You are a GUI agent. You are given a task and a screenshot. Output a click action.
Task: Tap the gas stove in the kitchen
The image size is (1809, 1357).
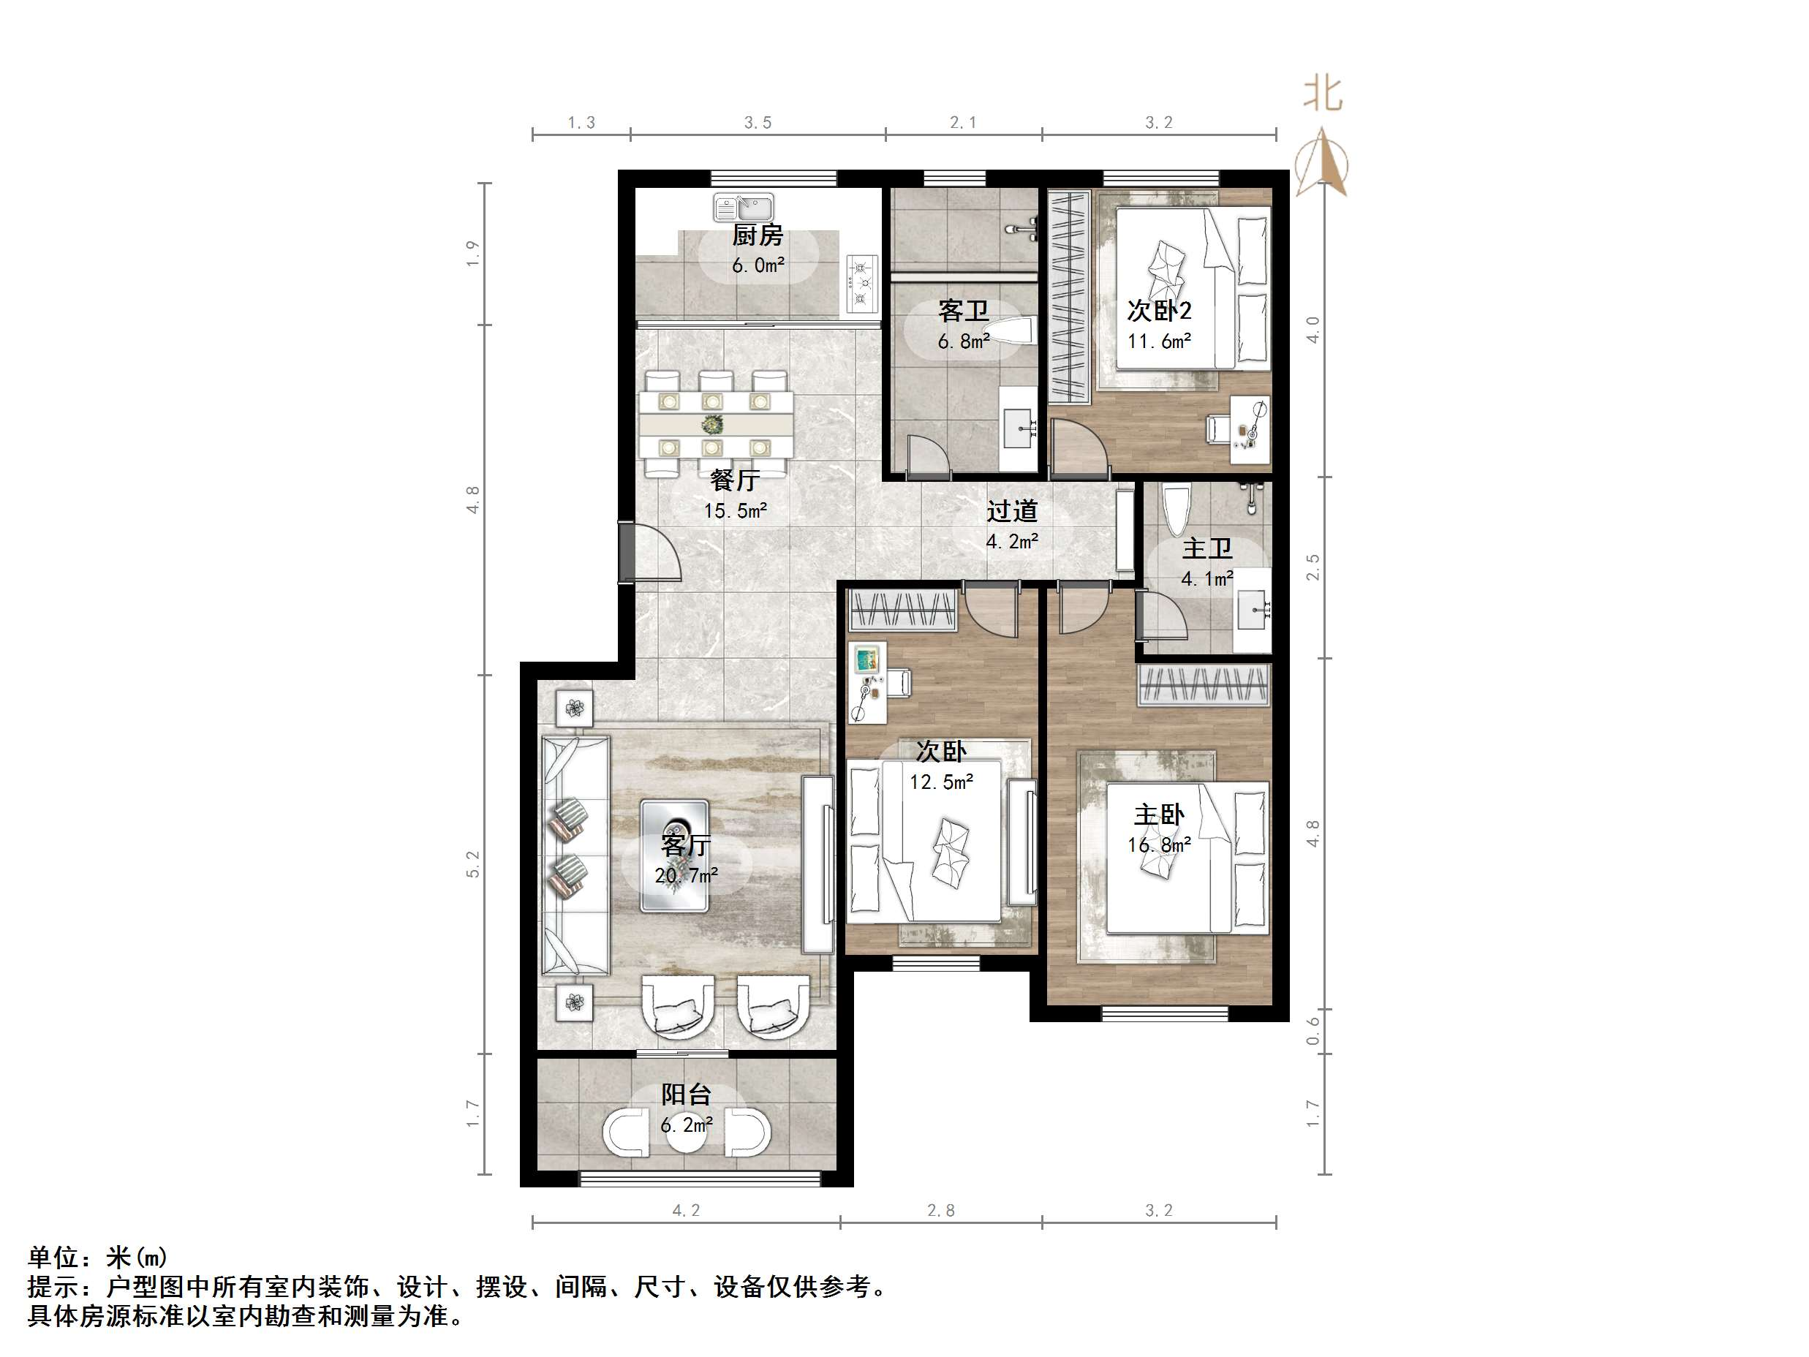click(861, 284)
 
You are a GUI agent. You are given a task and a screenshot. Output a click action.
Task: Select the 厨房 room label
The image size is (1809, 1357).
click(758, 236)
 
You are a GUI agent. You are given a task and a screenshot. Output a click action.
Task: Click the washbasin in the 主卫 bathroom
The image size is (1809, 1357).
click(1252, 609)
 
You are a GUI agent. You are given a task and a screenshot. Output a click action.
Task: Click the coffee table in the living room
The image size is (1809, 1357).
click(675, 855)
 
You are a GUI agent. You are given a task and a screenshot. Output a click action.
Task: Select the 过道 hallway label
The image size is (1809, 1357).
click(1012, 512)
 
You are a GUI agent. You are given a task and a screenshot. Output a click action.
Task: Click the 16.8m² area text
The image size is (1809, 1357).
click(1159, 845)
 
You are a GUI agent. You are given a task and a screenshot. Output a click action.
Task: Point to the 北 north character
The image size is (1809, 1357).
click(1323, 94)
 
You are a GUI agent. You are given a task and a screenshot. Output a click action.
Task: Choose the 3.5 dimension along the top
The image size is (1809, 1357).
click(758, 123)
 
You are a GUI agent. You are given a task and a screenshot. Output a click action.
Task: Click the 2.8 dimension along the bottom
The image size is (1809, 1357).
click(940, 1211)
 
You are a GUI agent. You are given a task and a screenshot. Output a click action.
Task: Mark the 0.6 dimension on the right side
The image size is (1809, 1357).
click(1313, 1031)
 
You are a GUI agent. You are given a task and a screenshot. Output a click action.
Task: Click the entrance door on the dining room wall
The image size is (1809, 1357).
click(628, 551)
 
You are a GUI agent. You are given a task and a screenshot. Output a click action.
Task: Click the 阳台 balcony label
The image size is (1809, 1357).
click(686, 1095)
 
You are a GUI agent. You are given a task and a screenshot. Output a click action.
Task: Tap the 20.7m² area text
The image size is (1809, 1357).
click(686, 876)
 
